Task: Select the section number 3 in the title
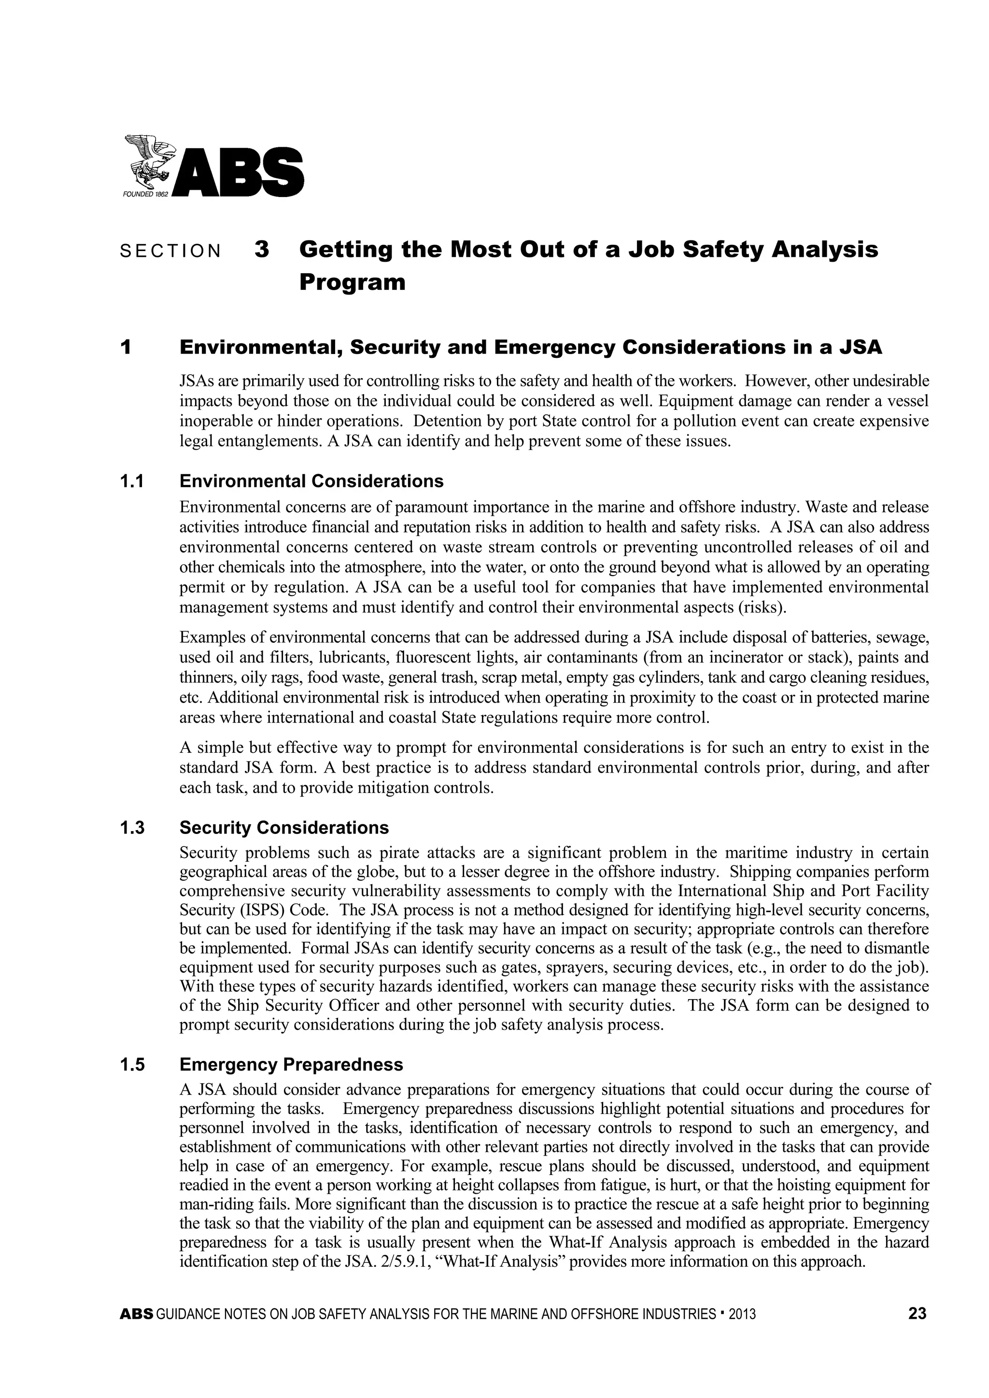(x=262, y=250)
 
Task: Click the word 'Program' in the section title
(x=352, y=282)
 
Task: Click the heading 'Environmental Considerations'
(x=311, y=481)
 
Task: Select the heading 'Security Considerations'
(x=284, y=828)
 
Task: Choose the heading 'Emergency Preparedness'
(x=291, y=1065)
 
